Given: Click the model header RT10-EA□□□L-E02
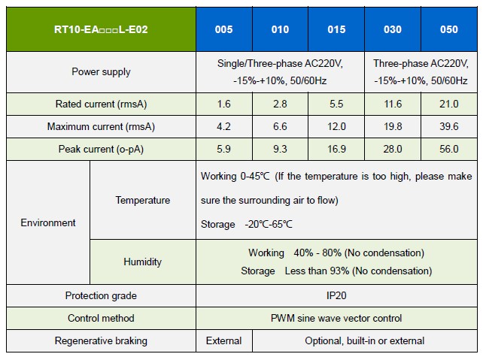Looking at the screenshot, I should pos(100,29).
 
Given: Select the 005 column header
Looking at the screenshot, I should pos(223,29).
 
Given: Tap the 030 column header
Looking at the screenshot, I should pos(393,29).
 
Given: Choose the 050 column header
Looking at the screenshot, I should pos(449,29).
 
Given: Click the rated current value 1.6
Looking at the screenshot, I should pos(223,104).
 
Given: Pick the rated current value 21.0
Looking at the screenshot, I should pos(449,104).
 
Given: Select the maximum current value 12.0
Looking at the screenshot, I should pos(336,126).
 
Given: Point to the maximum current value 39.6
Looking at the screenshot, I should pos(449,126).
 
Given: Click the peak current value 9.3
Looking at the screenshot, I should pos(280,149).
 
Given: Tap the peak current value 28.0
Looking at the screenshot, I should pos(393,149).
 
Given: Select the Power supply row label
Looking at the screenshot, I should pos(100,72).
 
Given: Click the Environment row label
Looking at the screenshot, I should pos(48,222).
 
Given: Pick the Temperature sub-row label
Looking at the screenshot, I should pos(142,200).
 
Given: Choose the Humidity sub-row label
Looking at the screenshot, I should pos(142,262).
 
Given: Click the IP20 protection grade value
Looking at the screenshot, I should pos(336,296).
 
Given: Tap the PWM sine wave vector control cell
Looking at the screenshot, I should pos(336,319).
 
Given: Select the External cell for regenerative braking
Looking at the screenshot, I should pos(223,341).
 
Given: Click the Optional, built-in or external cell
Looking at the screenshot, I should pos(364,341).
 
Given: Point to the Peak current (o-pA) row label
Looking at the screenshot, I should pos(100,149).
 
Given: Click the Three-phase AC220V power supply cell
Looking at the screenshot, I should pos(421,72).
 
